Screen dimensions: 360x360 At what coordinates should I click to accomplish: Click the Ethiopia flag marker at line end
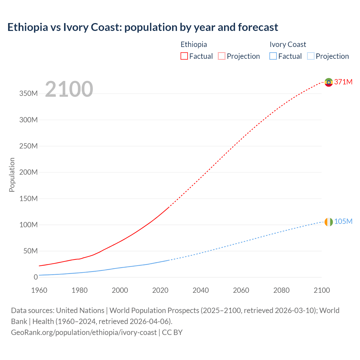click(x=328, y=82)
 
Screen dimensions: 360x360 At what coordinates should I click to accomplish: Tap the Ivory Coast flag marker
click(x=328, y=222)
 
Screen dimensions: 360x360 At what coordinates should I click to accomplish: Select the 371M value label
click(x=343, y=82)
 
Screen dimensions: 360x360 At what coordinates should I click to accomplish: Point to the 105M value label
click(x=343, y=221)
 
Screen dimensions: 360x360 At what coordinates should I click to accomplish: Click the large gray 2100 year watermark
click(x=69, y=89)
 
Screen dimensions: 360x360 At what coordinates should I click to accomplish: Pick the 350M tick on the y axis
click(x=28, y=94)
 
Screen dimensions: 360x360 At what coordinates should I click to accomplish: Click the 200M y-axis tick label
click(x=28, y=172)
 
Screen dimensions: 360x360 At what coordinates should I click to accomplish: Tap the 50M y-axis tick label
click(x=30, y=251)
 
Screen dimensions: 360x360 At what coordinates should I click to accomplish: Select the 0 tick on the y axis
click(x=36, y=277)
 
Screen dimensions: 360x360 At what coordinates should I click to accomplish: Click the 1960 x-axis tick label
click(x=39, y=290)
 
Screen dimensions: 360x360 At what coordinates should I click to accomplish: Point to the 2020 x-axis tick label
click(x=160, y=290)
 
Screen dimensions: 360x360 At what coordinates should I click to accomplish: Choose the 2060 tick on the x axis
click(x=241, y=290)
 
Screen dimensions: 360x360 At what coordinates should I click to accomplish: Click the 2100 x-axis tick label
click(x=322, y=290)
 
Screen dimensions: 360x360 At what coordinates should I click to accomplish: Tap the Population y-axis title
click(x=12, y=175)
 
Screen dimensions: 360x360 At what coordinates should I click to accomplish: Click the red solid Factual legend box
click(x=184, y=56)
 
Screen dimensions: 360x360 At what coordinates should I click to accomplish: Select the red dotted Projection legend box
click(x=222, y=56)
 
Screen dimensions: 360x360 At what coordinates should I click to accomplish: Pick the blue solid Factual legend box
click(x=273, y=56)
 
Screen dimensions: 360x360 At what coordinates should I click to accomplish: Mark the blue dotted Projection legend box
click(x=310, y=56)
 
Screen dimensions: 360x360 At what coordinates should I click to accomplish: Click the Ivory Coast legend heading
click(x=288, y=44)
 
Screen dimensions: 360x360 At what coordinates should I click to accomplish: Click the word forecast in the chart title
click(x=258, y=27)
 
